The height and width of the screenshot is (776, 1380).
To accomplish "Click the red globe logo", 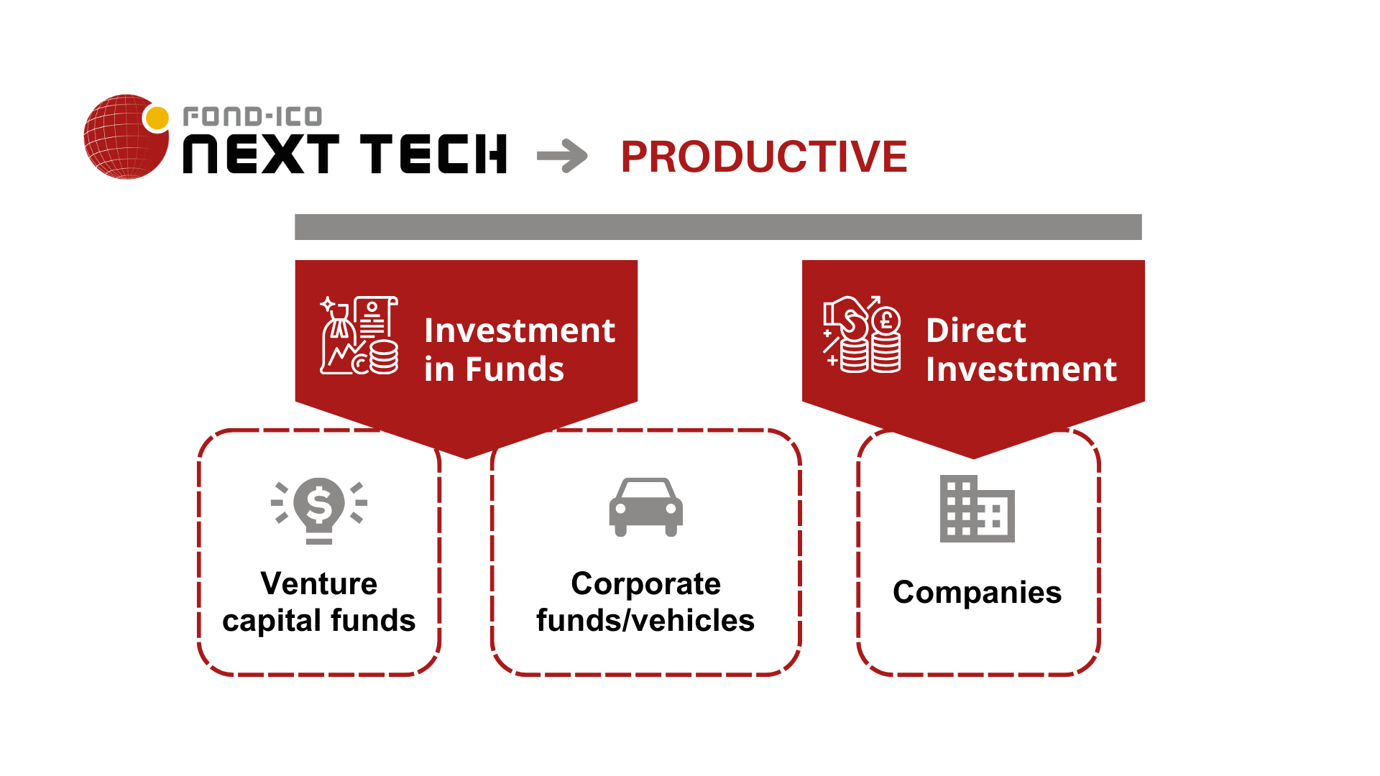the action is (x=126, y=137).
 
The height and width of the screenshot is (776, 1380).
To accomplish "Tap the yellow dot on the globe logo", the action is (x=157, y=118).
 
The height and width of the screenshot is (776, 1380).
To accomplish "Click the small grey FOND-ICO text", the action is (x=252, y=116).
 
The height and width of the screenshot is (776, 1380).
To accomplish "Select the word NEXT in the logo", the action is (x=261, y=154).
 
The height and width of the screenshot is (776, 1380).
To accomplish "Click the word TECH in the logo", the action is (x=433, y=154).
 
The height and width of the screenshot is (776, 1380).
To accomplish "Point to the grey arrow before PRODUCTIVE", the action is (x=562, y=156).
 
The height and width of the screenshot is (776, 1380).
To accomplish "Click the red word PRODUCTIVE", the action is (x=764, y=157).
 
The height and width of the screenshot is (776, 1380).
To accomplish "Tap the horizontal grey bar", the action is (x=718, y=227).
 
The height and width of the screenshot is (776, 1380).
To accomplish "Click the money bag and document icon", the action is (x=359, y=336).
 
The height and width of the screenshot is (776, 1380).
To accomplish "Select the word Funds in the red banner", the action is (x=515, y=369).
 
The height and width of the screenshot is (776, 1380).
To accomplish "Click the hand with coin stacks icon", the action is (x=862, y=334).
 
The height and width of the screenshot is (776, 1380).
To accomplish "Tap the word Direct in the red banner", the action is (x=976, y=331).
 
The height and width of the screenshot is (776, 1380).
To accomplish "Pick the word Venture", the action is (x=319, y=583).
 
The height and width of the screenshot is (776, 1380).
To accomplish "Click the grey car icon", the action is (x=646, y=507).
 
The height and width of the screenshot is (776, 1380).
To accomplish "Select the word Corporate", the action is (x=646, y=584).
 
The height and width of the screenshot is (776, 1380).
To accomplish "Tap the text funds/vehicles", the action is (x=645, y=620).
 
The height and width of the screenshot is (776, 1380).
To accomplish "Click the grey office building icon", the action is (x=977, y=509).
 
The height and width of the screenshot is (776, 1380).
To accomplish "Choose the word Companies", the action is (x=977, y=593).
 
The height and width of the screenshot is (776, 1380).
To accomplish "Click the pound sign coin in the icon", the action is (x=887, y=320).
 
